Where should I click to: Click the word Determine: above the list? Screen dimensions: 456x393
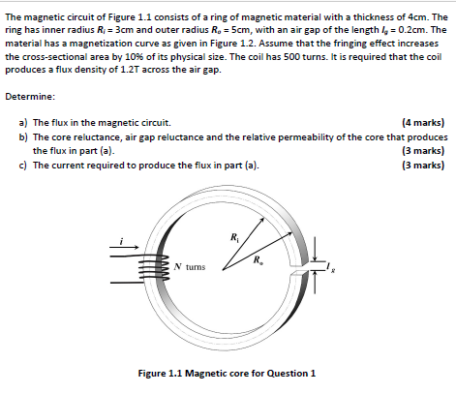pyautogui.click(x=30, y=97)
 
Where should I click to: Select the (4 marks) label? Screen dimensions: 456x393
pyautogui.click(x=422, y=123)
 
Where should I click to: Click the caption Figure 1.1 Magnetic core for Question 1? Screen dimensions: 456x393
pyautogui.click(x=228, y=374)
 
